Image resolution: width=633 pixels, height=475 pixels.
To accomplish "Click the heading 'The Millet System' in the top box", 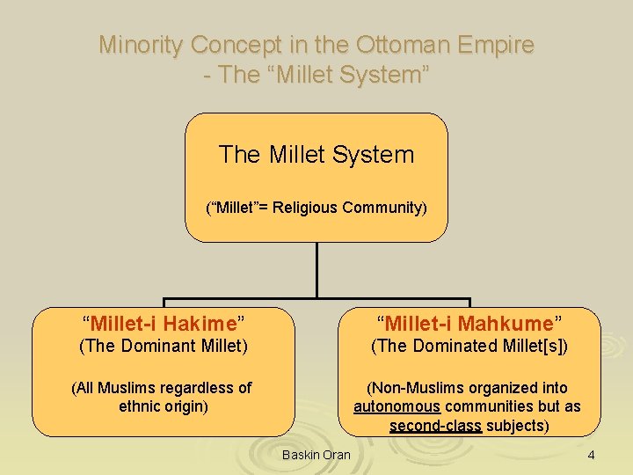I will (316, 155).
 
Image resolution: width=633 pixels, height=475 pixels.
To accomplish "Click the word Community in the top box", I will (384, 208).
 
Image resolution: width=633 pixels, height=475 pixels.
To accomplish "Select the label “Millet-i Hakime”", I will (164, 322).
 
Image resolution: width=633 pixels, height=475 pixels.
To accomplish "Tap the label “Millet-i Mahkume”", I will (469, 322).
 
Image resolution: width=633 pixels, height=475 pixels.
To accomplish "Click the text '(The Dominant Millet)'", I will (164, 346).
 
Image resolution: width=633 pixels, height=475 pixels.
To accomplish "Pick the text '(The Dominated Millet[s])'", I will (469, 346).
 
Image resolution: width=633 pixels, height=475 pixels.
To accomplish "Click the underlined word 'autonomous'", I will (397, 406).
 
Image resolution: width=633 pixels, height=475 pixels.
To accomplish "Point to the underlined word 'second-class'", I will (435, 426).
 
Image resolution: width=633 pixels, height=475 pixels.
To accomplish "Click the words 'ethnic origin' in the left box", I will (164, 406).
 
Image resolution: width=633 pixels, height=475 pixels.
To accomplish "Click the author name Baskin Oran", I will (316, 455).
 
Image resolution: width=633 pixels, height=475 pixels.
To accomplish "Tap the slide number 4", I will (591, 455).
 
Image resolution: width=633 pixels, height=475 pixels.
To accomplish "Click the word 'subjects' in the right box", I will (518, 426).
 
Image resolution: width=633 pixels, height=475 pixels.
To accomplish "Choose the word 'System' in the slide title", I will (384, 75).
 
